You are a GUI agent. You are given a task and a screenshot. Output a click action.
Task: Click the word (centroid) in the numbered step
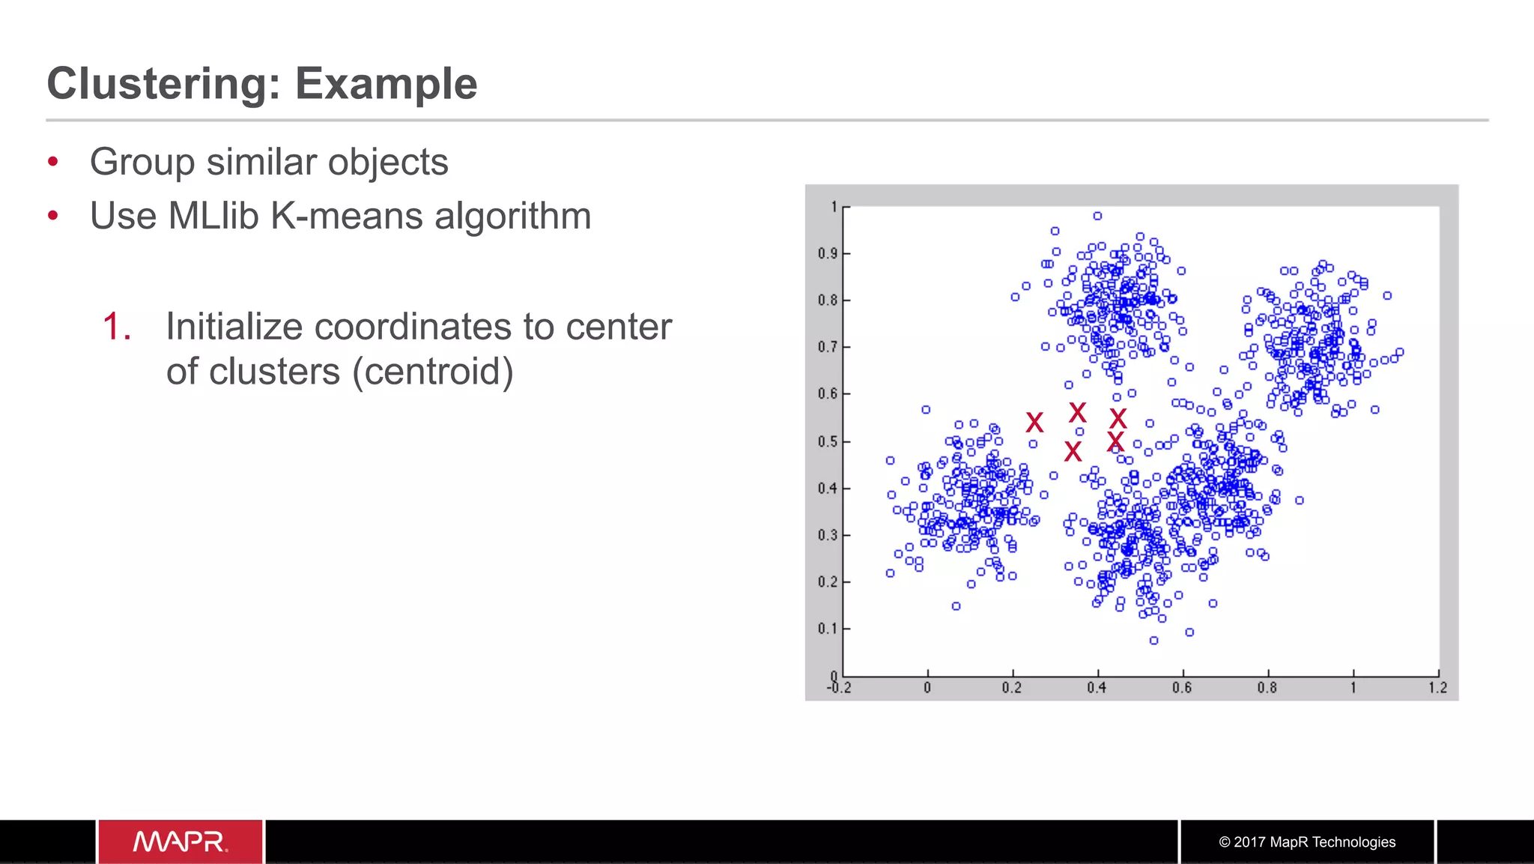(x=433, y=372)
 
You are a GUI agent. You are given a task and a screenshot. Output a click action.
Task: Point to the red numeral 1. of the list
(x=118, y=327)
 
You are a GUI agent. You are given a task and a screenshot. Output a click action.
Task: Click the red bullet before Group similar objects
(x=52, y=162)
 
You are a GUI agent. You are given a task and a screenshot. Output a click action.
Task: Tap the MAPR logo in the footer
(x=180, y=842)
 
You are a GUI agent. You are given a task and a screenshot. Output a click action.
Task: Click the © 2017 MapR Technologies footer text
(x=1307, y=842)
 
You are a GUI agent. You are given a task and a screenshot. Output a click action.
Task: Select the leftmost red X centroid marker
(x=1034, y=423)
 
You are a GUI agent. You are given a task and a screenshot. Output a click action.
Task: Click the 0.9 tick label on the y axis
(x=827, y=253)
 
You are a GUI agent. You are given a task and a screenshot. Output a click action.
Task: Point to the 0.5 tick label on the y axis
(x=827, y=441)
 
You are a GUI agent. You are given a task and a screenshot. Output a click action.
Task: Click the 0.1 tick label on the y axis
(x=827, y=628)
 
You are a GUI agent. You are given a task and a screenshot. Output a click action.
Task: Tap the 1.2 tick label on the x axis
(x=1437, y=688)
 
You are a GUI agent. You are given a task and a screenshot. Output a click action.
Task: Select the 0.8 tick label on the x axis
(x=1267, y=688)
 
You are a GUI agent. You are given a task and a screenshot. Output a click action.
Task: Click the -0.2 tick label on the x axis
(x=839, y=688)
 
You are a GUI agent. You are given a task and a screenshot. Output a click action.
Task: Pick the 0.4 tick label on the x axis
(x=1097, y=688)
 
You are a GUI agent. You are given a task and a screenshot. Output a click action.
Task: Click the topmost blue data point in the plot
(x=1097, y=216)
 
